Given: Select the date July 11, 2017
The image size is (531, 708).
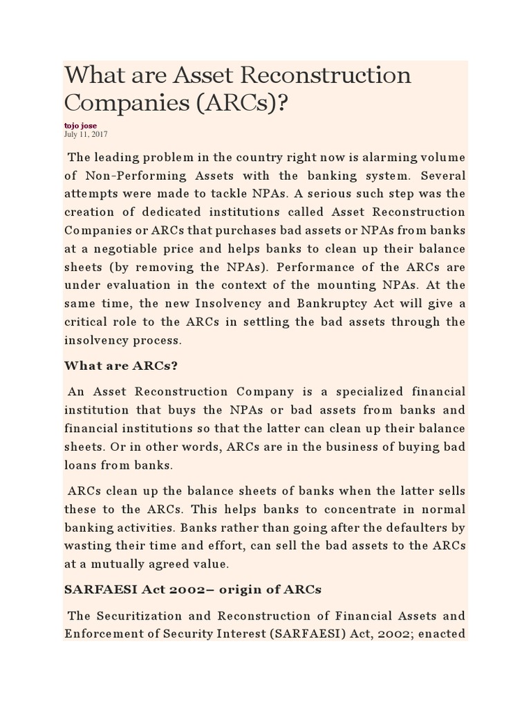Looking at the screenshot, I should point(86,134).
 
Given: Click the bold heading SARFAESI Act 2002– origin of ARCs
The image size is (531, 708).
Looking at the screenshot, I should point(193,590).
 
